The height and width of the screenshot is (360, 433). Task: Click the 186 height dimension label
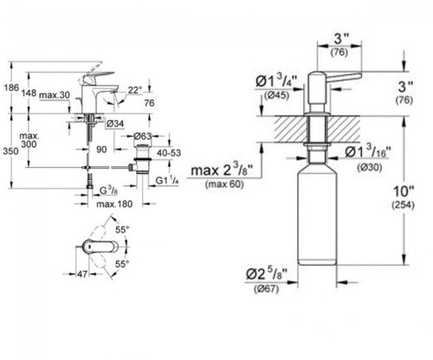click(11, 87)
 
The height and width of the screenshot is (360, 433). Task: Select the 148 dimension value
click(29, 93)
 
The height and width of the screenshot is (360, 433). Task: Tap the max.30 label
click(55, 95)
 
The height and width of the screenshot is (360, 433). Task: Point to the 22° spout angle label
click(135, 90)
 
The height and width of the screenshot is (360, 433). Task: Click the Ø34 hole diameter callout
click(115, 124)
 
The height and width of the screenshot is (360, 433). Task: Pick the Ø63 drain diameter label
click(143, 136)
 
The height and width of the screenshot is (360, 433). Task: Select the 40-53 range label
click(169, 153)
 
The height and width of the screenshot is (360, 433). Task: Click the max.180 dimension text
click(114, 204)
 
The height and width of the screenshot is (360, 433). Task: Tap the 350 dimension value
click(10, 151)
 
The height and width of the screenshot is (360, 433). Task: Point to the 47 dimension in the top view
click(82, 273)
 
